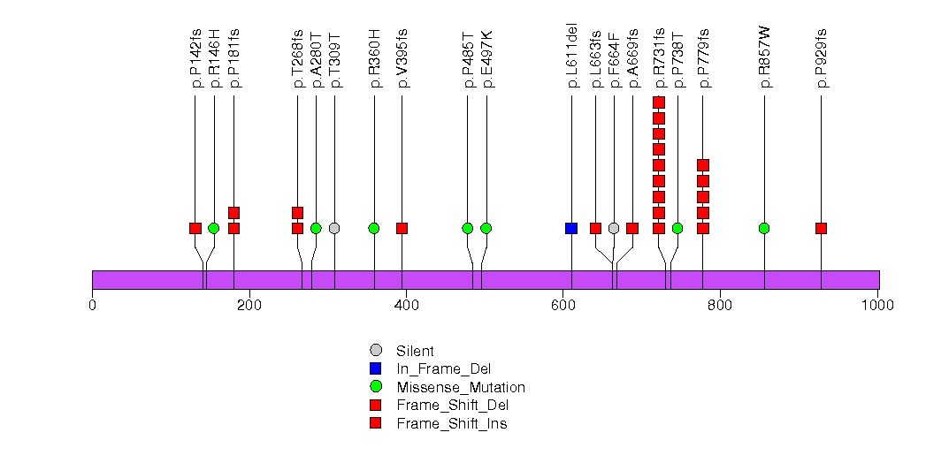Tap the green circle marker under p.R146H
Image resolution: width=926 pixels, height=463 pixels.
213,228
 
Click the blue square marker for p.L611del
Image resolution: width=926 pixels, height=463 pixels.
571,228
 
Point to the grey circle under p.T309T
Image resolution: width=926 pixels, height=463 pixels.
334,228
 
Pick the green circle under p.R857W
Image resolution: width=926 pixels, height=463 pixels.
764,228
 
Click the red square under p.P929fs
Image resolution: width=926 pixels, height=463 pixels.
821,228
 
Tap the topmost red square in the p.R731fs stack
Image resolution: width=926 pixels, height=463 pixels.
659,102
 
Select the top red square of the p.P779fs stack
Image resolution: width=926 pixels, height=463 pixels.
703,165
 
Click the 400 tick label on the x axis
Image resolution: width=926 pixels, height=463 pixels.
406,306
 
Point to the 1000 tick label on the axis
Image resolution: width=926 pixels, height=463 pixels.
877,306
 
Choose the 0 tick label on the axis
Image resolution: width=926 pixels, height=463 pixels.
92,306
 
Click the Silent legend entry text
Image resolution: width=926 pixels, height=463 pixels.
415,351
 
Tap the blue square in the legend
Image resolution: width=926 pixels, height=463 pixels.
376,368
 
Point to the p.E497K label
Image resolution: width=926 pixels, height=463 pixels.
486,59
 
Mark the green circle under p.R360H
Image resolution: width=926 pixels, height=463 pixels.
374,228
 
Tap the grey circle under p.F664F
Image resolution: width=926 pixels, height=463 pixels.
614,228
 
